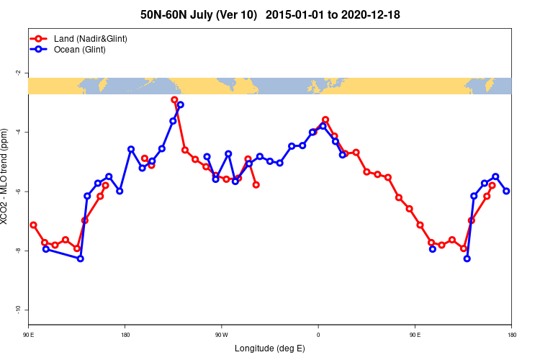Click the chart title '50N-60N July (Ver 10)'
tap(199, 14)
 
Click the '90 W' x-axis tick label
tap(221, 335)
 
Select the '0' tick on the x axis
tap(318, 335)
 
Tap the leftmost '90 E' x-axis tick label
tap(28, 335)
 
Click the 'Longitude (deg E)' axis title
tap(270, 348)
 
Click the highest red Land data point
tap(174, 99)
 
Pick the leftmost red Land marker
tap(33, 225)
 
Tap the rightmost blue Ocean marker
tap(507, 191)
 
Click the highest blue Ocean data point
tap(180, 104)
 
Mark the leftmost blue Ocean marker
tap(46, 249)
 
